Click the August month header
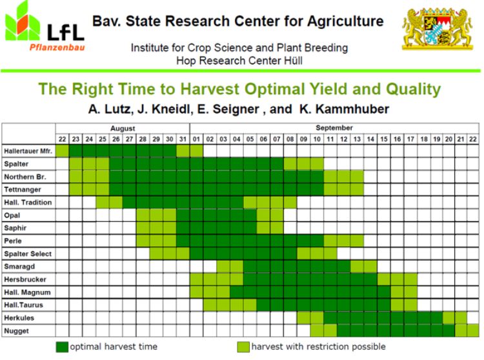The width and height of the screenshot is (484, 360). click(x=122, y=128)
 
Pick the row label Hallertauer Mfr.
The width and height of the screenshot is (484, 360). click(x=28, y=150)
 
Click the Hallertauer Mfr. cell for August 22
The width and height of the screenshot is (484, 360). click(x=62, y=150)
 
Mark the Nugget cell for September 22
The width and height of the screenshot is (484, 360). click(x=473, y=330)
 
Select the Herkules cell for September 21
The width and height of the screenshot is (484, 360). click(x=460, y=317)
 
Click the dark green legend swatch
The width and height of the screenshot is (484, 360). click(x=62, y=347)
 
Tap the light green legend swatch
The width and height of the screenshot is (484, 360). click(x=243, y=347)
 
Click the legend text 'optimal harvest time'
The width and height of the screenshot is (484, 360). click(x=113, y=347)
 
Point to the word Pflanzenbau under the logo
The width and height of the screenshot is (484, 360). click(x=57, y=47)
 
